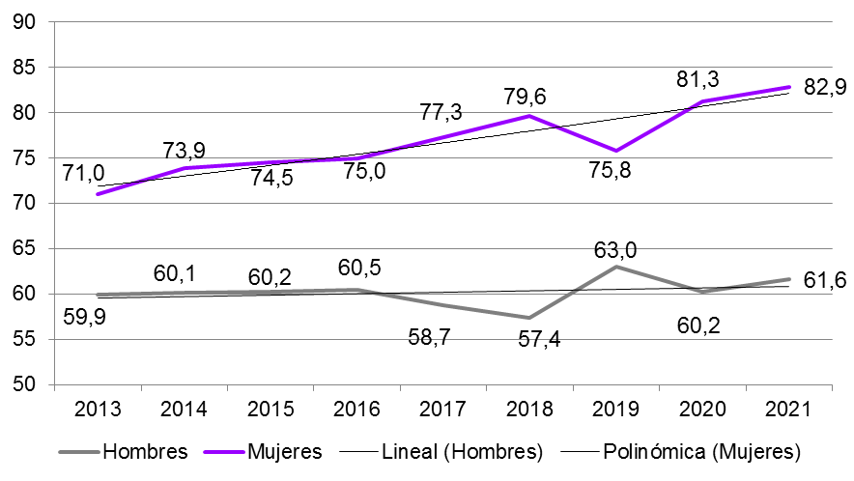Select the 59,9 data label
pos(83,317)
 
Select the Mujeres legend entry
pos(283,451)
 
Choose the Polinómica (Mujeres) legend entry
pos(702,451)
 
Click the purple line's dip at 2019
pos(616,151)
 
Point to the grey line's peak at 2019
pos(616,267)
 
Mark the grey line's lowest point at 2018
pos(529,318)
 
